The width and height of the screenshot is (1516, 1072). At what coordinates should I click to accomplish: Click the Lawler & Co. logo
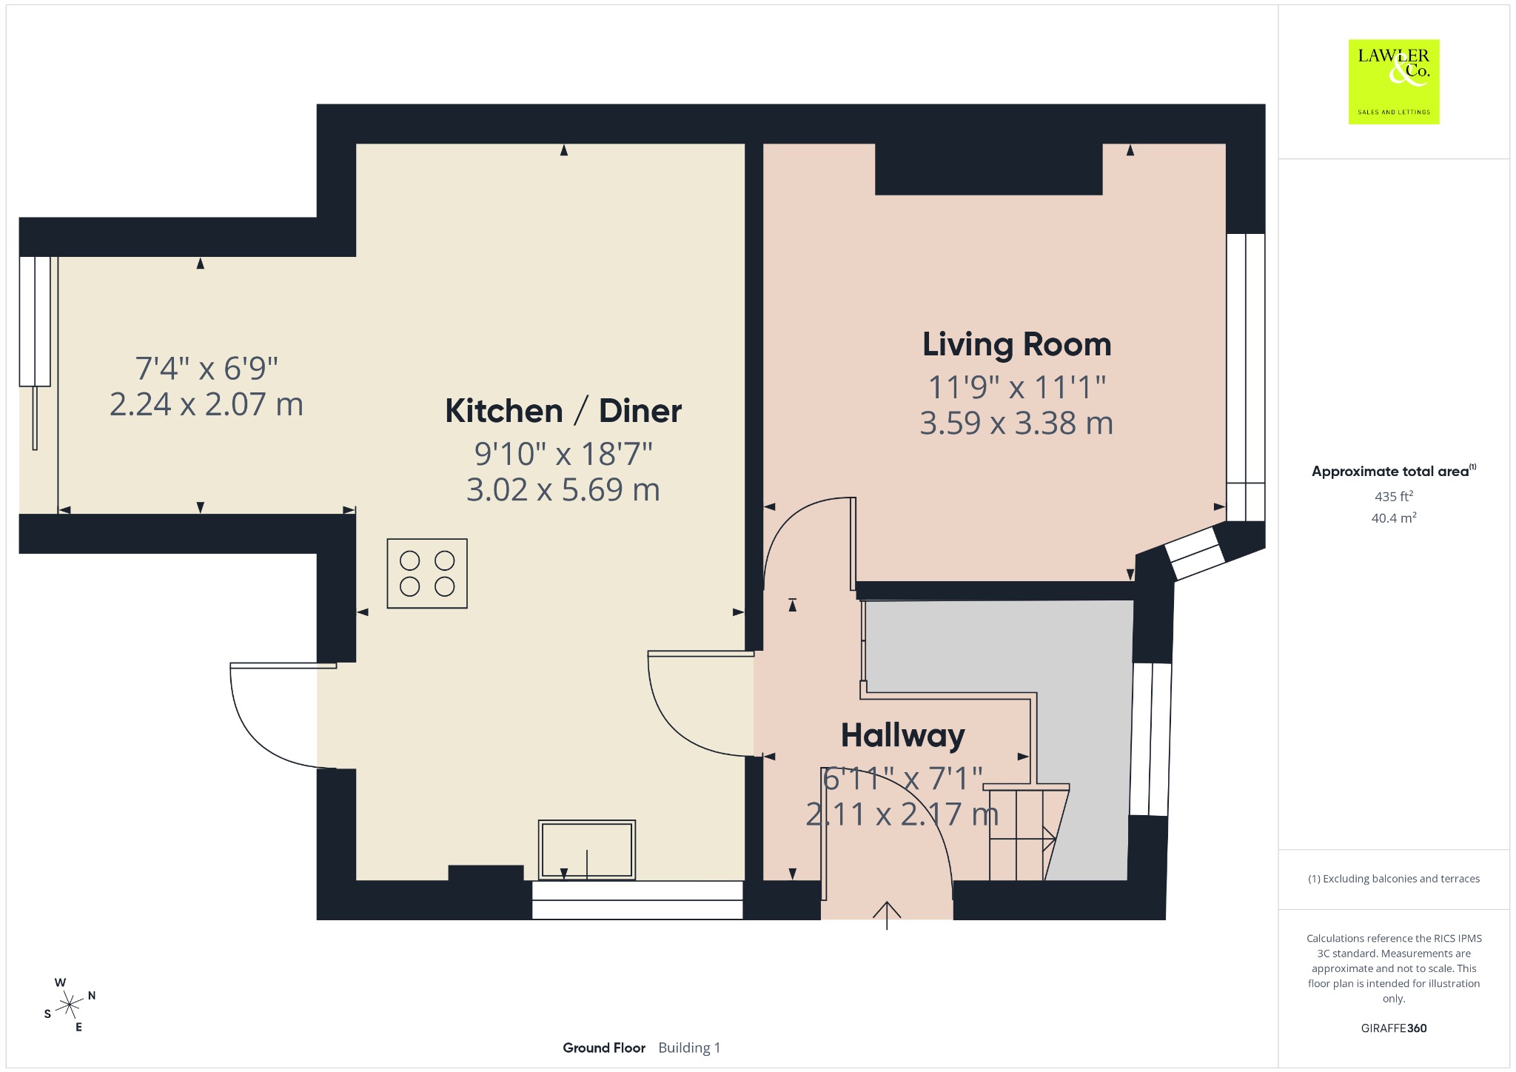point(1394,81)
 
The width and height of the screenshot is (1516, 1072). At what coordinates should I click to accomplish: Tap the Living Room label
point(1016,345)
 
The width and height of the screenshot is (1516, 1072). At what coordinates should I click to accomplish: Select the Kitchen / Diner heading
point(563,411)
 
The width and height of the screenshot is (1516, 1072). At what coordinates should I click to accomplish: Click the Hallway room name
point(903,736)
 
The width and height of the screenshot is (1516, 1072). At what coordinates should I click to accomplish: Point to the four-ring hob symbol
point(427,574)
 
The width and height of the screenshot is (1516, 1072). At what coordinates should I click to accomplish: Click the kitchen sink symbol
point(587,850)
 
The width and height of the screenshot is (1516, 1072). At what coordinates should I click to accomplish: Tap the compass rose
point(70,1005)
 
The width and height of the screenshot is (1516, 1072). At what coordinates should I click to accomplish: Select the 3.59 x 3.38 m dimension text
point(1016,423)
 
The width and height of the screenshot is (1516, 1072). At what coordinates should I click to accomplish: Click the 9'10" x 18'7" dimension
point(563,454)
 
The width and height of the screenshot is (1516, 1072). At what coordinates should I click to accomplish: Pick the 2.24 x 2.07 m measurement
point(207,405)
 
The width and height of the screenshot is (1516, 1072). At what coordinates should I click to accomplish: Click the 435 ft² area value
point(1394,496)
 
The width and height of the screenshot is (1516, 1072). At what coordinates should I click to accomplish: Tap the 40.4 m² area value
point(1394,517)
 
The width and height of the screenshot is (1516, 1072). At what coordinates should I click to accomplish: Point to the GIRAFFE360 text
point(1394,1028)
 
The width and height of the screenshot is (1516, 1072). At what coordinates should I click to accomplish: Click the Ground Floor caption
point(604,1048)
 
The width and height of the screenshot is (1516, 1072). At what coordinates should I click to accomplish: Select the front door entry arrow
point(887,915)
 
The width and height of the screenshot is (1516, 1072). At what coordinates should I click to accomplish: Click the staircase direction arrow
point(1023,839)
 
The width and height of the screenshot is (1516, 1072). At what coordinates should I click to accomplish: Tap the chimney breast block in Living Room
point(989,169)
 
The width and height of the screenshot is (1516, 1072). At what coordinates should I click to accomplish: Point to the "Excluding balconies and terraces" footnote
point(1394,879)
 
